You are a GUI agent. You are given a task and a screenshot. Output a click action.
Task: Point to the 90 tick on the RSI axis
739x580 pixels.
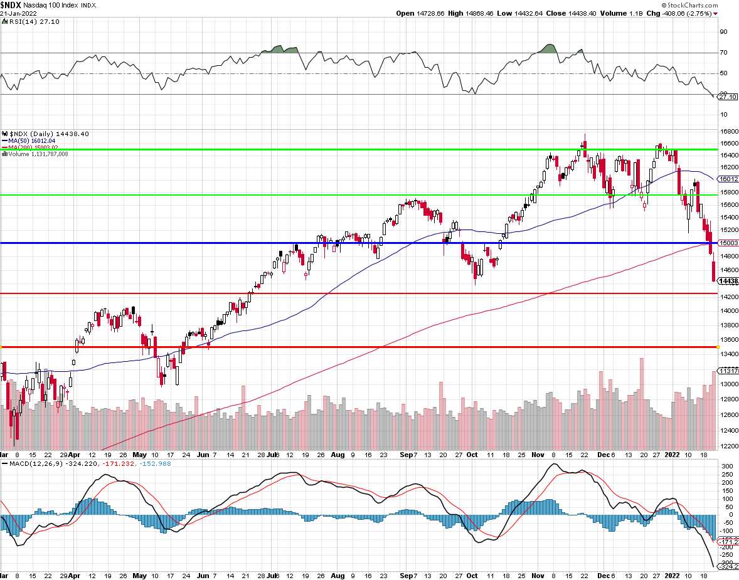coord(723,31)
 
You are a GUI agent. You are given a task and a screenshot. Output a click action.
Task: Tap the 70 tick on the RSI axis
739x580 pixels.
coord(723,53)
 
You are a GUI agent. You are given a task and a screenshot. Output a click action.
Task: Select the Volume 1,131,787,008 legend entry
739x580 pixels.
coord(38,154)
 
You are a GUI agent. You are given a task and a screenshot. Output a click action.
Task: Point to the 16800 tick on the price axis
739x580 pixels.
coord(728,132)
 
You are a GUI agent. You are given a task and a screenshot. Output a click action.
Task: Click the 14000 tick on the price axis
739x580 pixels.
coord(728,311)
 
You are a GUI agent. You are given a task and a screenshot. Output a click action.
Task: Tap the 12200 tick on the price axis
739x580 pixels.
coord(728,446)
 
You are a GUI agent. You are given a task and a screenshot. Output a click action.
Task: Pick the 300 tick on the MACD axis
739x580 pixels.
coord(726,467)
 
